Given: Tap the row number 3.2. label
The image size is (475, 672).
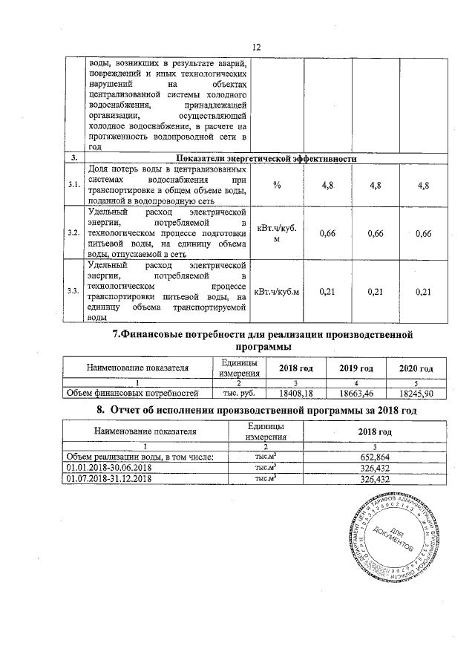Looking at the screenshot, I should click(74, 233).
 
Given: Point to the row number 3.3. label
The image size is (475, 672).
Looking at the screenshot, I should click(74, 291).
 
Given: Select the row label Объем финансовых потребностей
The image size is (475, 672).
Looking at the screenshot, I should click(132, 393).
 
